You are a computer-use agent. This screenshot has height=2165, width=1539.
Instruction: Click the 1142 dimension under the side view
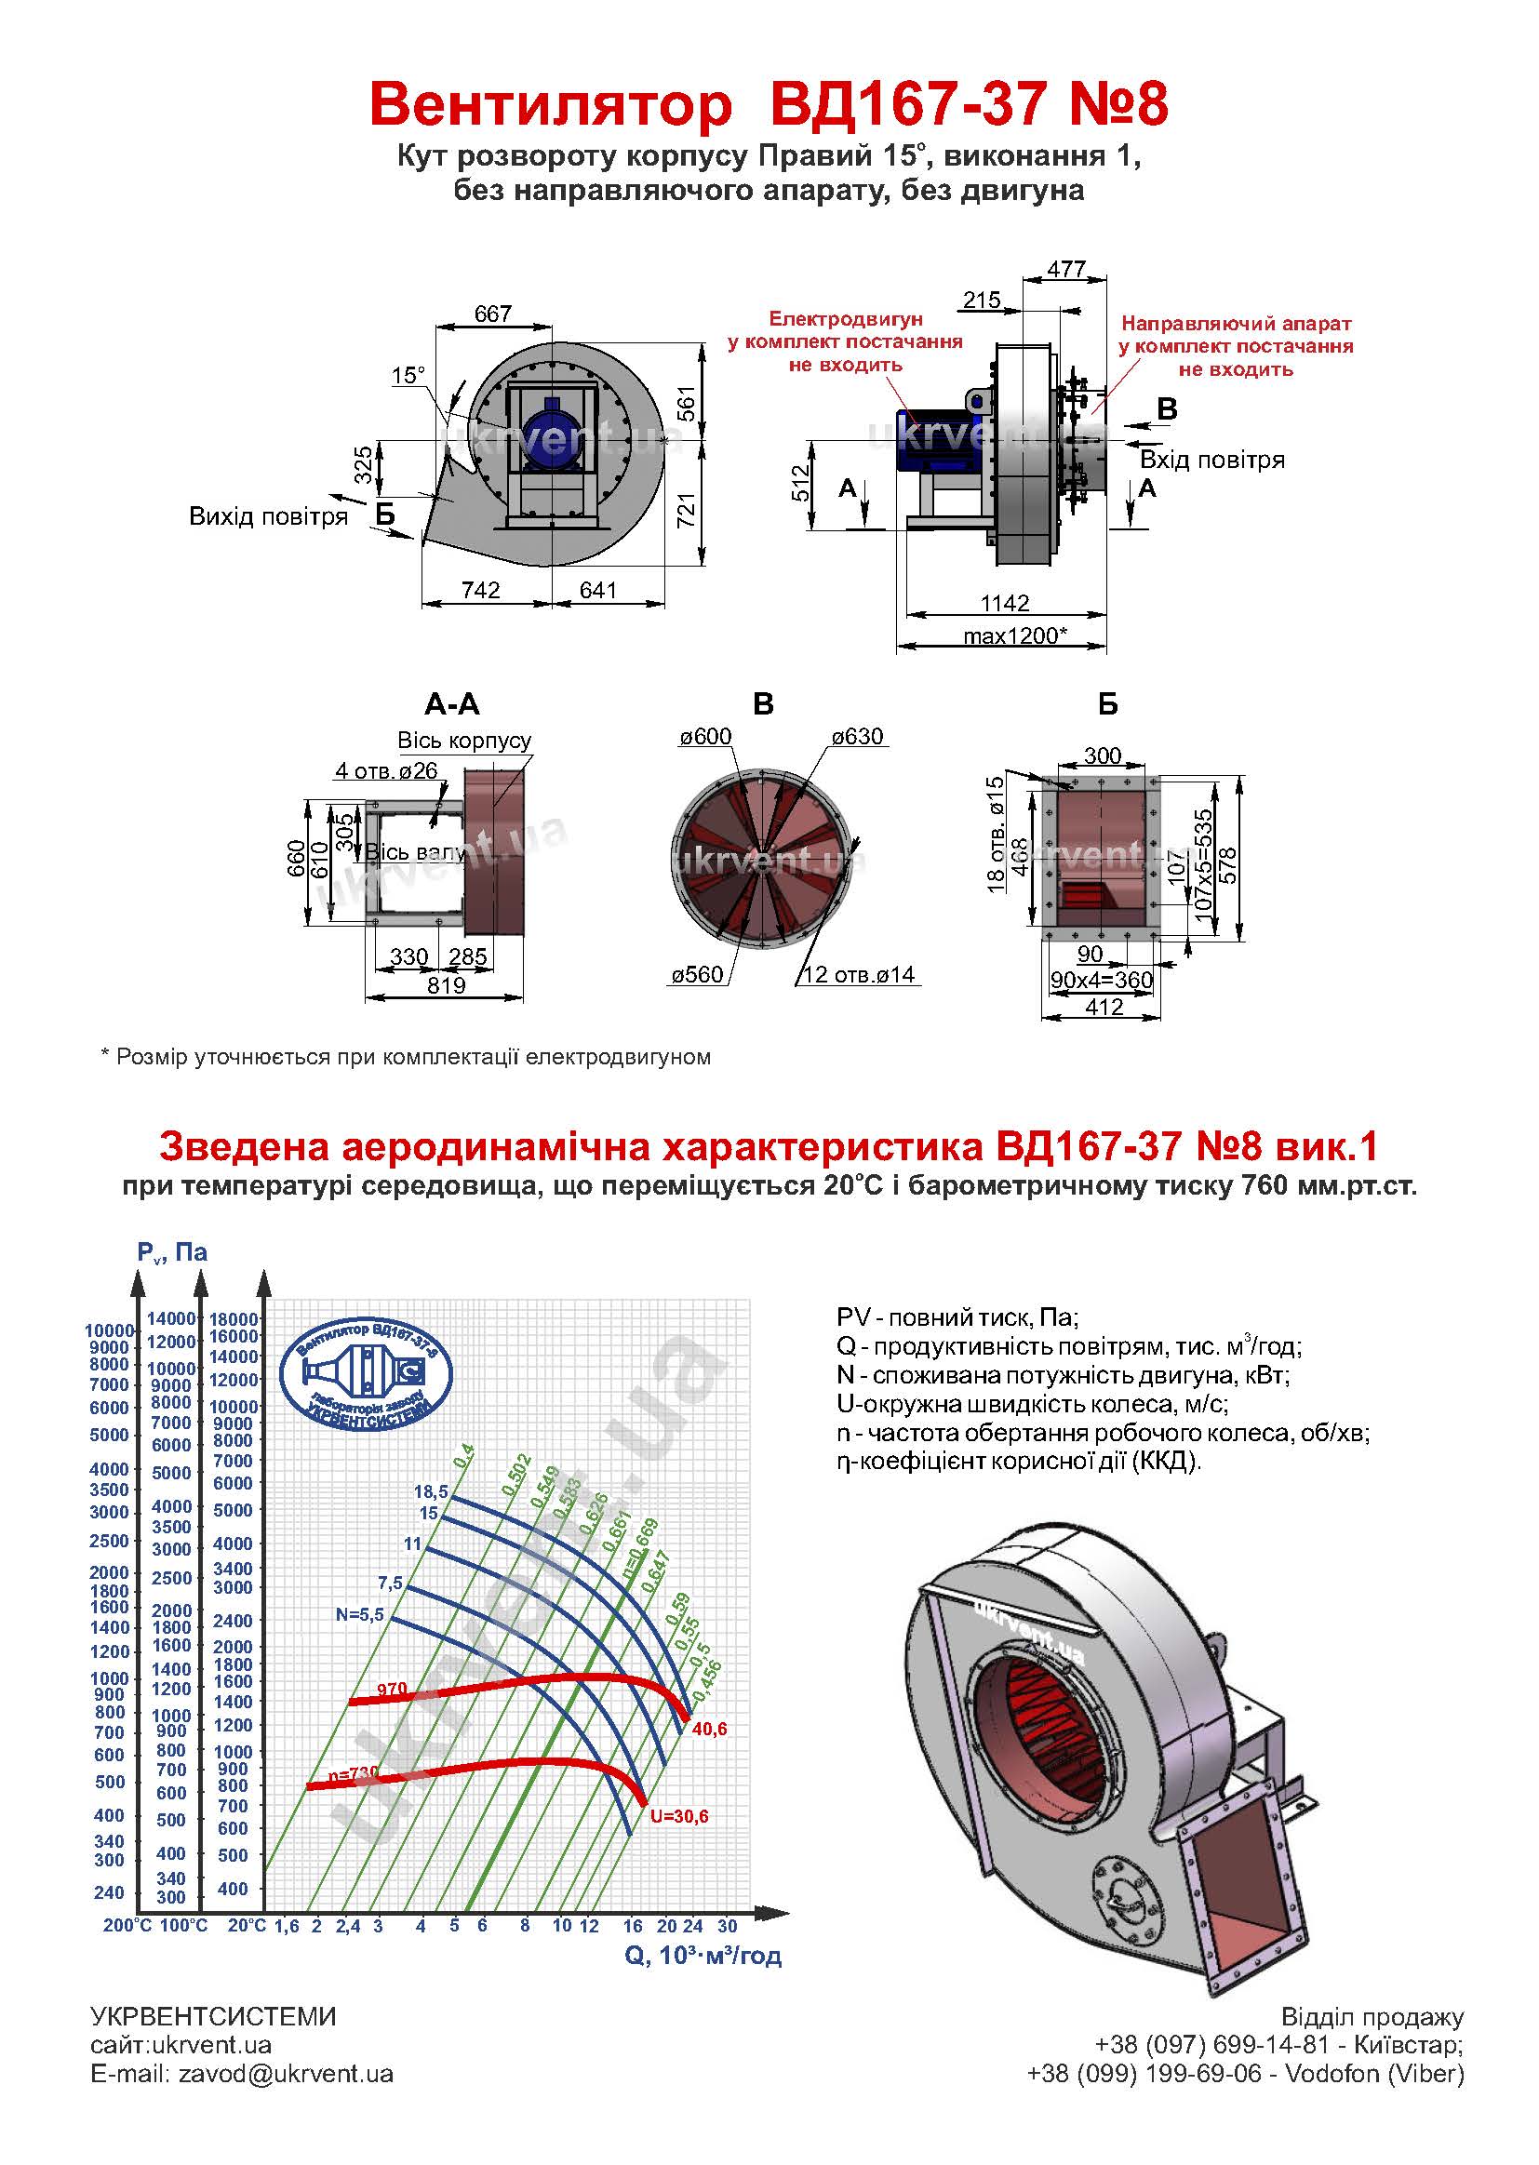(x=1006, y=604)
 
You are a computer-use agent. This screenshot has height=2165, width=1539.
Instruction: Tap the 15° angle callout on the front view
(x=408, y=375)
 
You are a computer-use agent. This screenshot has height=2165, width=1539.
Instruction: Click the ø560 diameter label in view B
(x=698, y=974)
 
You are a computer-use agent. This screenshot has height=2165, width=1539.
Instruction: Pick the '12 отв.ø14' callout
(x=859, y=974)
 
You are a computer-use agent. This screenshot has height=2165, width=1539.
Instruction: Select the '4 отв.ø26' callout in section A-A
(x=387, y=770)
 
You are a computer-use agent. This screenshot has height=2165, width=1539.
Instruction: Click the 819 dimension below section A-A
(x=446, y=985)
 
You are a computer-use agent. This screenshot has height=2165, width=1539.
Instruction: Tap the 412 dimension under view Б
(x=1104, y=1008)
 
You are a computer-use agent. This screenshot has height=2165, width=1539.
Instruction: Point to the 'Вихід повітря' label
(x=268, y=516)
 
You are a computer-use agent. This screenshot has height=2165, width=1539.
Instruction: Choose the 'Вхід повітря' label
(x=1212, y=460)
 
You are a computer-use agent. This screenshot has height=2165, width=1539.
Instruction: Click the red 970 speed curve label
(x=392, y=1689)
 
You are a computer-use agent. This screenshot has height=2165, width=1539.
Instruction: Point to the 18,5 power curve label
(x=430, y=1491)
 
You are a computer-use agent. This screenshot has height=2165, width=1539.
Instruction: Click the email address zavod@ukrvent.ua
(x=286, y=2073)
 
